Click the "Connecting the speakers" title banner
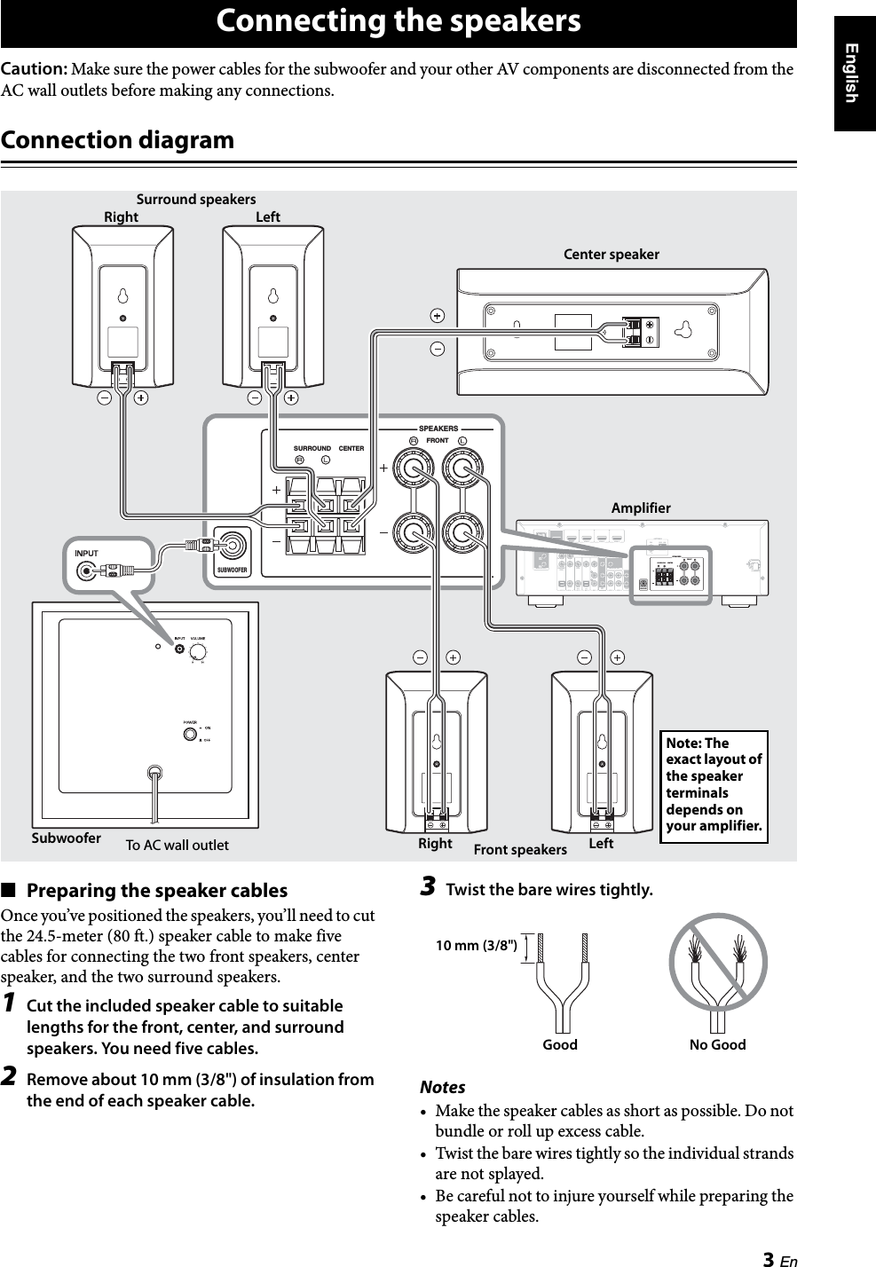399,21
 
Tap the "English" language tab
853,71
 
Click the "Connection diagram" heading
118,140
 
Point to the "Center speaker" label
612,255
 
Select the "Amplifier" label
641,508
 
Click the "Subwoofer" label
67,838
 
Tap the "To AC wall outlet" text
177,845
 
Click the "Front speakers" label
520,850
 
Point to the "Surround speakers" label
195,200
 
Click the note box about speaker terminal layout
714,785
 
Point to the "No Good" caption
717,1045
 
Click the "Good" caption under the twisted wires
560,1045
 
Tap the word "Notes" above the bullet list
442,1087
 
